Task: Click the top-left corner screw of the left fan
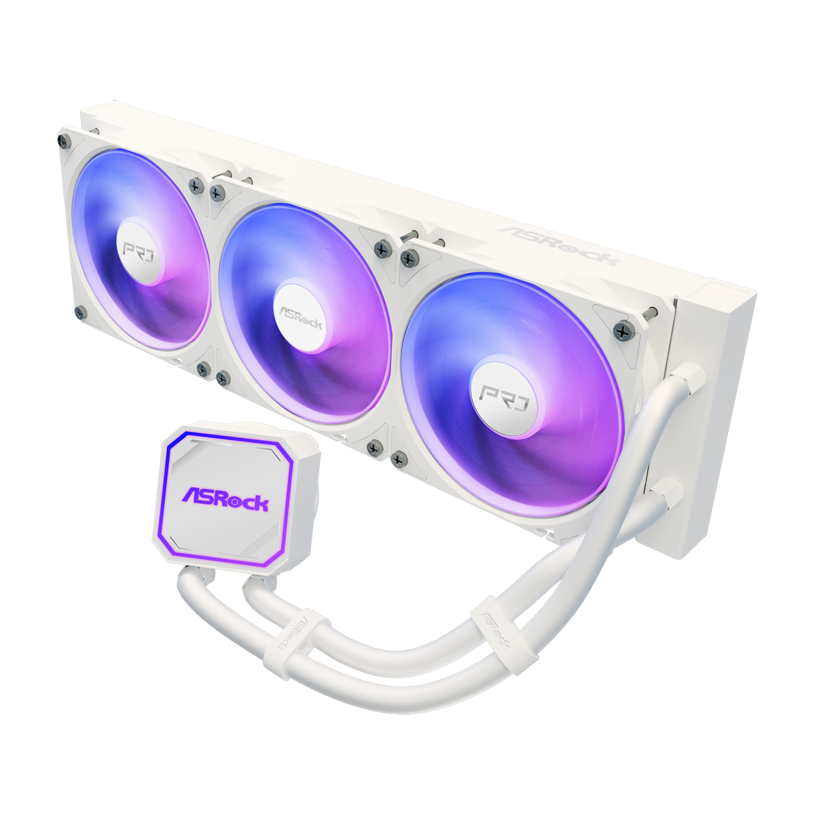[x=65, y=140]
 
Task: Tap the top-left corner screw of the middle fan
[x=218, y=194]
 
